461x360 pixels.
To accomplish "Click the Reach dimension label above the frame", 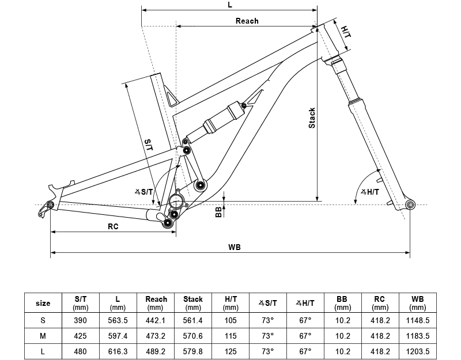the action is pyautogui.click(x=247, y=21).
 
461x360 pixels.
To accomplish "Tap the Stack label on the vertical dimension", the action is pyautogui.click(x=312, y=118).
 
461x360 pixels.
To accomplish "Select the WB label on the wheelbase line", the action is pyautogui.click(x=235, y=248).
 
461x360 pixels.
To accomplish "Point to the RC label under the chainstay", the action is pyautogui.click(x=113, y=226).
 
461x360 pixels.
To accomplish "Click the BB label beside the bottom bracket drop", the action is pyautogui.click(x=218, y=212).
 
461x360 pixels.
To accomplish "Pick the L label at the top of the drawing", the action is pyautogui.click(x=230, y=5).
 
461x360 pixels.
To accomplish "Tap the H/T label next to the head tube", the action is pyautogui.click(x=346, y=32).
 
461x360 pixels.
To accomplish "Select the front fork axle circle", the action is pyautogui.click(x=410, y=205).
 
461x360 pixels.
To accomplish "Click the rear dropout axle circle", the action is pyautogui.click(x=50, y=205).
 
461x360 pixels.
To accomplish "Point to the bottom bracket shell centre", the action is pyautogui.click(x=176, y=202).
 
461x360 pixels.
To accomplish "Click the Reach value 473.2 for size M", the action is pyautogui.click(x=156, y=336).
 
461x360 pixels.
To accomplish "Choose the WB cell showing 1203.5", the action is pyautogui.click(x=417, y=351).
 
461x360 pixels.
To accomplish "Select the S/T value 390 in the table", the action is pyautogui.click(x=80, y=320).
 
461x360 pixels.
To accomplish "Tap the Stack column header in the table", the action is pyautogui.click(x=193, y=303).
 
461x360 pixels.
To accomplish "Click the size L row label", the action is pyautogui.click(x=43, y=351).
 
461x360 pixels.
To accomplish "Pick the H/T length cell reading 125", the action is pyautogui.click(x=230, y=351).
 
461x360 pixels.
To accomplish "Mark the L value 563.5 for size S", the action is pyautogui.click(x=118, y=320).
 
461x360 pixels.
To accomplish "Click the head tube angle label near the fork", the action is pyautogui.click(x=370, y=192).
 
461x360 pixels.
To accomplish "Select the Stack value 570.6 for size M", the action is pyautogui.click(x=193, y=336).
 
